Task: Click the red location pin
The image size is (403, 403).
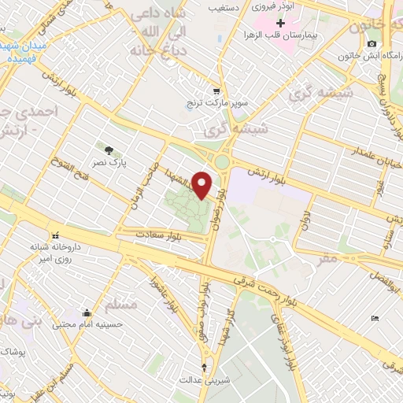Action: (x=203, y=184)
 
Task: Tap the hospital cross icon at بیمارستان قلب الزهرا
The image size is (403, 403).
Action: (x=280, y=24)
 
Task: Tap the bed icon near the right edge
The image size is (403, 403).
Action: (x=375, y=317)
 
